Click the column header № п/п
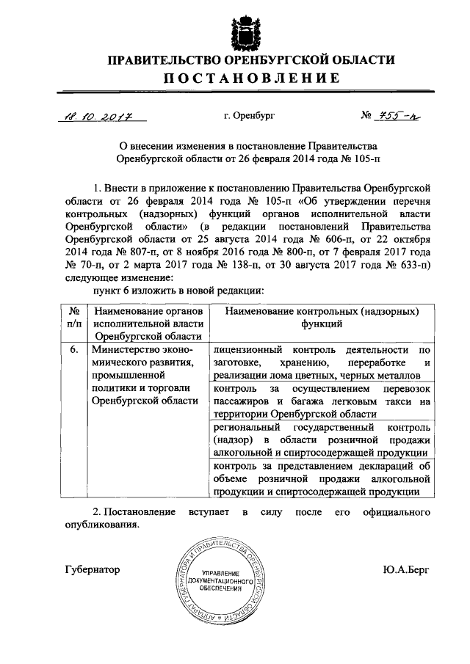[x=74, y=317]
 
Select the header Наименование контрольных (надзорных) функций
[x=322, y=317]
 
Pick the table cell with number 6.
[x=74, y=350]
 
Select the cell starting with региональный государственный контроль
[x=322, y=439]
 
